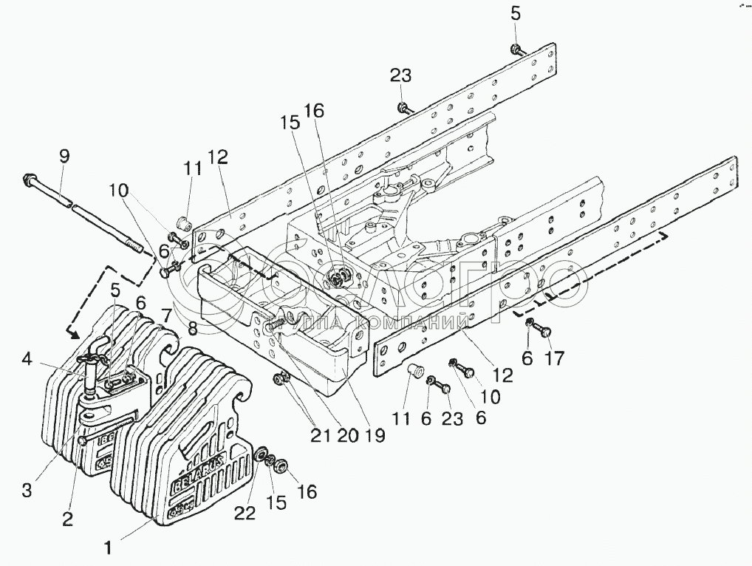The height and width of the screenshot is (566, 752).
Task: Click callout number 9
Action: coord(64,157)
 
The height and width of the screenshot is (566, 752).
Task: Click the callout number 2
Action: coord(68,519)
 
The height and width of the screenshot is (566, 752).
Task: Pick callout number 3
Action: coord(27,490)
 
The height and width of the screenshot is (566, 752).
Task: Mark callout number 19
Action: coord(375,435)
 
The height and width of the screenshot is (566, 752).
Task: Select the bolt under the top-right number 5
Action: coord(515,50)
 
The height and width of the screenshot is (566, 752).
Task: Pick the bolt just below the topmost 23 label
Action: coord(403,109)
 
